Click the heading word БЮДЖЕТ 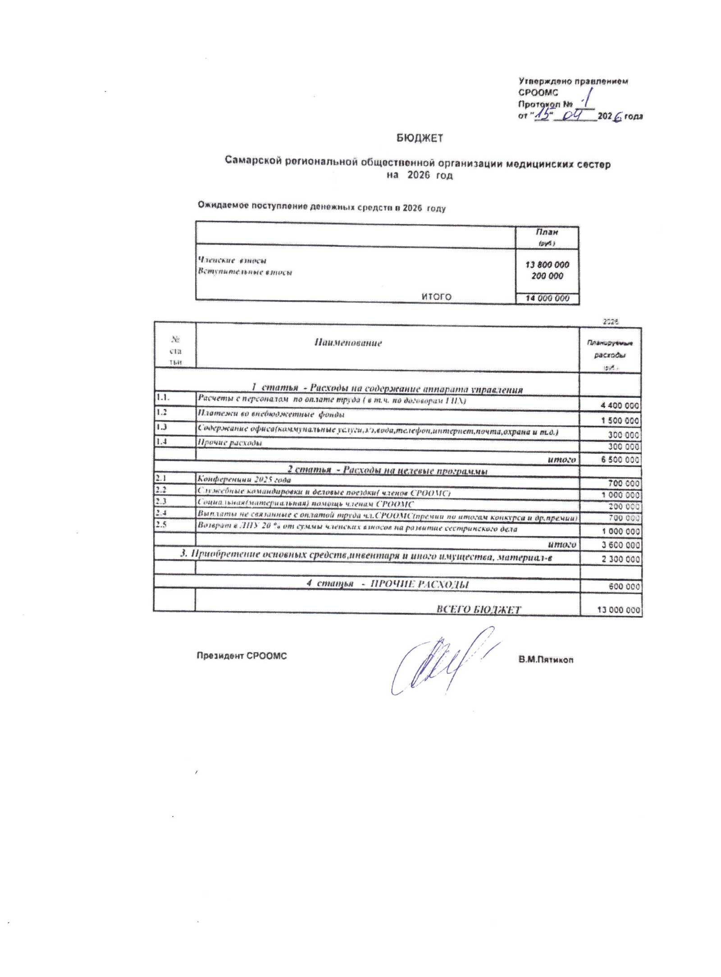420,138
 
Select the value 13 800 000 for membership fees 547,265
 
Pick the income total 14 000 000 547,298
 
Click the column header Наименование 348,343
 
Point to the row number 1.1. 162,397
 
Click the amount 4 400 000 620,406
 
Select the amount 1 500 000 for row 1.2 620,420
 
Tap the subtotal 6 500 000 620,460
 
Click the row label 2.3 161,501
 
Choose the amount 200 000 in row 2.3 624,507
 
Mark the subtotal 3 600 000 621,545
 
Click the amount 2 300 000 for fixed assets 621,559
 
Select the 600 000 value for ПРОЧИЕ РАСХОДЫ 624,586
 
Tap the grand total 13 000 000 618,610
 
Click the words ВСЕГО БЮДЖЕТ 478,609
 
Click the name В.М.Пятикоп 545,660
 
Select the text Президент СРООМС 242,656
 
